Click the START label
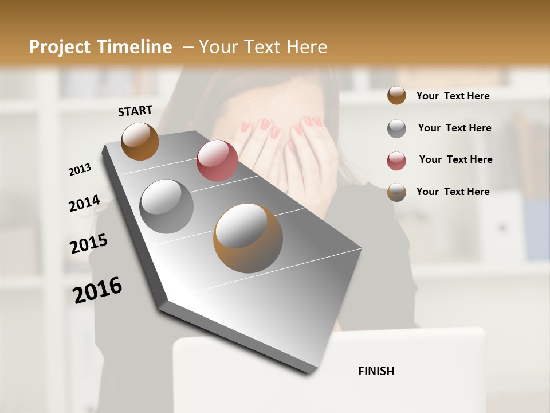pos(135,111)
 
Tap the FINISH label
pos(376,371)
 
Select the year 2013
pos(80,170)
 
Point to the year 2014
pos(84,203)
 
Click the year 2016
pos(97,290)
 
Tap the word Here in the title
pos(307,47)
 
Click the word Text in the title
pos(261,47)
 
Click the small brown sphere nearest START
pos(140,141)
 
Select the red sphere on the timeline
pos(217,161)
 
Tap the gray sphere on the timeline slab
pos(166,206)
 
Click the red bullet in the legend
pos(396,161)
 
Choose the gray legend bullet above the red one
pos(396,128)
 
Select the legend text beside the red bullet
pos(455,159)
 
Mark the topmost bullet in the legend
pos(396,95)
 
